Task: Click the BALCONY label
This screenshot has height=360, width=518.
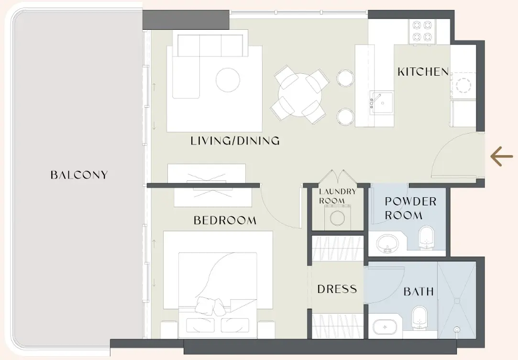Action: (79, 175)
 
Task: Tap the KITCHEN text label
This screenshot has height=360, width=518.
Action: (423, 72)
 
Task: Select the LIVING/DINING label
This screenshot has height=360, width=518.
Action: (235, 141)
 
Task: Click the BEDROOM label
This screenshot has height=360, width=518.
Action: (225, 220)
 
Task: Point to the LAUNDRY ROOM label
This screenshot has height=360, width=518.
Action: (338, 196)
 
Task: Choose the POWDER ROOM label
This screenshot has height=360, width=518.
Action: (410, 208)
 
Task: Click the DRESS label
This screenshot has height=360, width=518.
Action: (337, 289)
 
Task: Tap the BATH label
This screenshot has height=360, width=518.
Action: (419, 291)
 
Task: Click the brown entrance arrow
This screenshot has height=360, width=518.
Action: (502, 157)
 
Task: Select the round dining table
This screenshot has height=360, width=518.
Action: (299, 94)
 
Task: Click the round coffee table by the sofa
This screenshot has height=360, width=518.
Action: (228, 80)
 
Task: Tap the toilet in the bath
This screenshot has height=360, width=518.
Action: (419, 318)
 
